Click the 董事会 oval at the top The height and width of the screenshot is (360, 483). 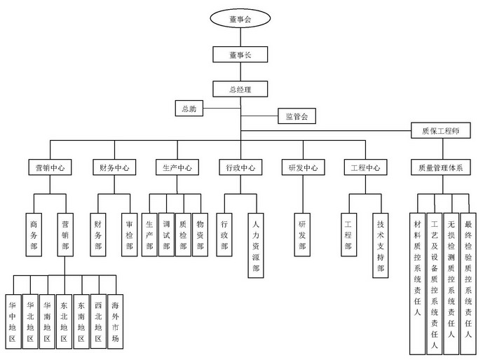[240, 20]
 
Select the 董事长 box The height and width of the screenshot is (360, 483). [240, 55]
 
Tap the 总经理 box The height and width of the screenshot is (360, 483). [240, 89]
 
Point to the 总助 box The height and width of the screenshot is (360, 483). [190, 109]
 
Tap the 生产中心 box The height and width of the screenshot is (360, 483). [175, 168]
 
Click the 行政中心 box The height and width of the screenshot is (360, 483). [239, 168]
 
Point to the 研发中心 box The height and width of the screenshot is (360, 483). [302, 168]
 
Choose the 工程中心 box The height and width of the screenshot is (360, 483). [365, 168]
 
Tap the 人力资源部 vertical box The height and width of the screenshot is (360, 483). [256, 245]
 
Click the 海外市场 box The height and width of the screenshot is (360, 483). [115, 321]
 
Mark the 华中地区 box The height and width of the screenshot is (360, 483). [12, 321]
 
